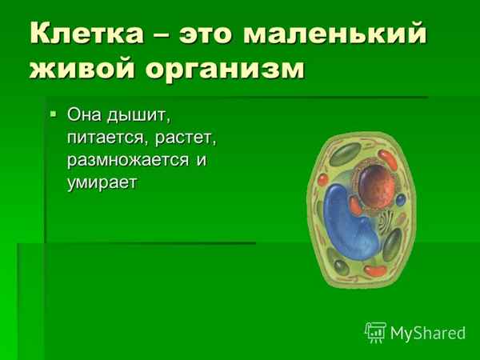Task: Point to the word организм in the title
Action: point(225,68)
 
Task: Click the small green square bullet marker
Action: point(54,114)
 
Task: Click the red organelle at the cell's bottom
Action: point(374,270)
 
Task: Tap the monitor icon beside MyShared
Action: point(376,331)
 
